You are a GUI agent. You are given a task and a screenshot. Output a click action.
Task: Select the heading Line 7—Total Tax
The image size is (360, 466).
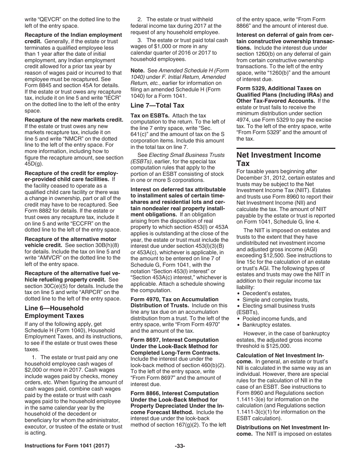(152, 106)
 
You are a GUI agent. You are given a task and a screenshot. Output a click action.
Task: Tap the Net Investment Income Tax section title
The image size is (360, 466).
(279, 159)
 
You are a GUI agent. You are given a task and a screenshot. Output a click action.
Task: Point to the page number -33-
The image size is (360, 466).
(180, 457)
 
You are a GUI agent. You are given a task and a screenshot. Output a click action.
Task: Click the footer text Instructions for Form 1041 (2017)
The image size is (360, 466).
(67, 457)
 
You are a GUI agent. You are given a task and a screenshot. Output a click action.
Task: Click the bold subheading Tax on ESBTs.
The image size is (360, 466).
(149, 115)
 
